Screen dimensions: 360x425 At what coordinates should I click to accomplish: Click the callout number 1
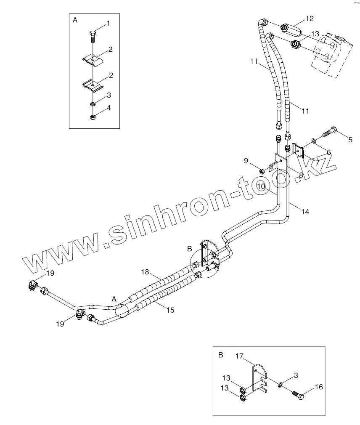pos(108,24)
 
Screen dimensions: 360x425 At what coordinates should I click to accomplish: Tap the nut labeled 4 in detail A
pos(92,117)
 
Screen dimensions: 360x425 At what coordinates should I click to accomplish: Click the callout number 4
pos(109,108)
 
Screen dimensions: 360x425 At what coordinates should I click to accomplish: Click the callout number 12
pos(310,19)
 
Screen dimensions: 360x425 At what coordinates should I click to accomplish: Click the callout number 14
pos(305,212)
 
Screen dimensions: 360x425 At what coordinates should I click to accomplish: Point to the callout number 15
pos(170,310)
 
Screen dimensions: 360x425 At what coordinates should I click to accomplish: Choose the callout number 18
pos(145,272)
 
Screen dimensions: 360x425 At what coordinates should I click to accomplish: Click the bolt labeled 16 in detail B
pos(298,396)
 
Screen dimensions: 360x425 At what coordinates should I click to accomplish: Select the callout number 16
pos(319,387)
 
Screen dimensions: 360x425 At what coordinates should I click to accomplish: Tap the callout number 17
pos(239,356)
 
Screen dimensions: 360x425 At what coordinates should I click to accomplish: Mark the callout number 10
pos(261,186)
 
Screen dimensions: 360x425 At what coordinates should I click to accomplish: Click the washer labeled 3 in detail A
pos(92,104)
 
